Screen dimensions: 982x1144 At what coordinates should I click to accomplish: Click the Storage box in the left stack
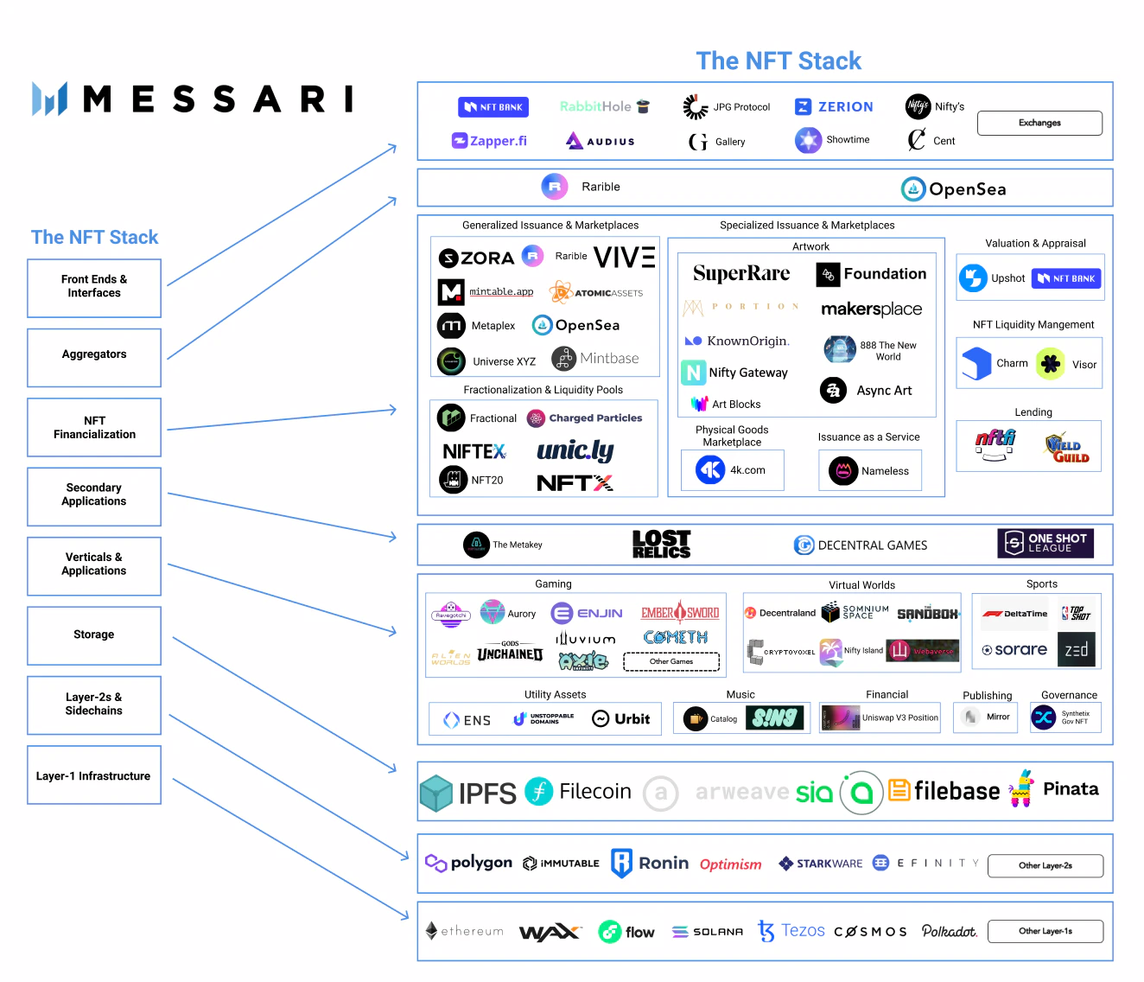pyautogui.click(x=94, y=635)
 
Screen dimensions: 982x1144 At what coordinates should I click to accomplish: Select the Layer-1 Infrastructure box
pyautogui.click(x=94, y=775)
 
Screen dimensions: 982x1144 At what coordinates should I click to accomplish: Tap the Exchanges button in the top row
pyautogui.click(x=1039, y=123)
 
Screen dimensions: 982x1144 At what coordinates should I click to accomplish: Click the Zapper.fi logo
pyautogui.click(x=489, y=141)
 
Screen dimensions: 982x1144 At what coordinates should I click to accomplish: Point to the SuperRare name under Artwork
pyautogui.click(x=741, y=274)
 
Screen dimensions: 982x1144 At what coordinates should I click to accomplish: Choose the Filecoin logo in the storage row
pyautogui.click(x=578, y=791)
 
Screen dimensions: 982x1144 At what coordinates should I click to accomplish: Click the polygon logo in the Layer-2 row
pyautogui.click(x=469, y=863)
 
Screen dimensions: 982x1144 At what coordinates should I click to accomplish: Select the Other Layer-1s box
pyautogui.click(x=1045, y=931)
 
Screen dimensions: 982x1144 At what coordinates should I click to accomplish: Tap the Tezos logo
pyautogui.click(x=791, y=931)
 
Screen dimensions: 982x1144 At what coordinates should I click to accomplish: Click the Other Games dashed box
pyautogui.click(x=671, y=661)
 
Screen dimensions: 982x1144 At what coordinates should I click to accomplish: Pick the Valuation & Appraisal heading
pyautogui.click(x=1035, y=244)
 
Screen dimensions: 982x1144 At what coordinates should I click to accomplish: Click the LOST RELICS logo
pyautogui.click(x=661, y=545)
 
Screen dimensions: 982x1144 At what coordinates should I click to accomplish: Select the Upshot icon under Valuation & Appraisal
pyautogui.click(x=973, y=278)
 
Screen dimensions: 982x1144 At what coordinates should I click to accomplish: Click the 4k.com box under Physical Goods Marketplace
pyautogui.click(x=732, y=470)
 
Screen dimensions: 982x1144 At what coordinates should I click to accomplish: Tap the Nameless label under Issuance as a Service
pyautogui.click(x=885, y=471)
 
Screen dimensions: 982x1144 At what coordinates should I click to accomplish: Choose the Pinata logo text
pyautogui.click(x=1071, y=788)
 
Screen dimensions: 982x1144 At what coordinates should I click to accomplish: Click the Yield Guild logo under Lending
pyautogui.click(x=1067, y=449)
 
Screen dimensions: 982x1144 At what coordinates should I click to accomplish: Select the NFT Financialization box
pyautogui.click(x=94, y=427)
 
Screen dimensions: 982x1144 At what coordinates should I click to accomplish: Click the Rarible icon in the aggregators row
pyautogui.click(x=554, y=187)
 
